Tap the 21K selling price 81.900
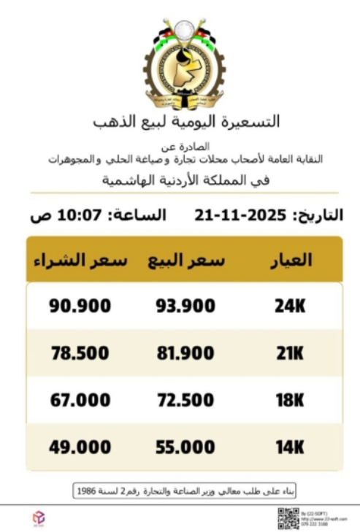[185, 354]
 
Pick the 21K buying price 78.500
[80, 354]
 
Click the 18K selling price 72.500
[185, 400]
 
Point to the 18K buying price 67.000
[80, 400]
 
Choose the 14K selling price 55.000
[185, 446]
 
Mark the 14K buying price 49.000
[80, 446]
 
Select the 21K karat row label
[289, 354]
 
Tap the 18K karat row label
[289, 400]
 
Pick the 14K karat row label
[289, 446]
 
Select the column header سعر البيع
[185, 261]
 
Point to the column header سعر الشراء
[80, 261]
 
